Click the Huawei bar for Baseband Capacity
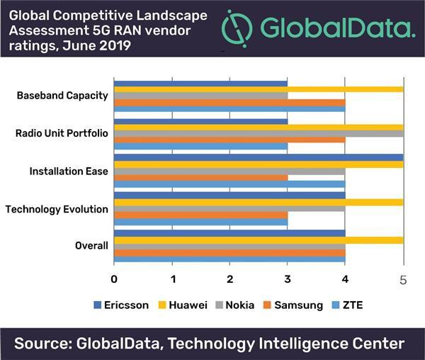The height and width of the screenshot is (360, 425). pyautogui.click(x=259, y=89)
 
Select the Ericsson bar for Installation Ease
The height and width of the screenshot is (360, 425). pyautogui.click(x=259, y=157)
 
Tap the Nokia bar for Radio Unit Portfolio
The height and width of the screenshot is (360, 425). pyautogui.click(x=259, y=133)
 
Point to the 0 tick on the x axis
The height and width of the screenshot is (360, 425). pyautogui.click(x=114, y=277)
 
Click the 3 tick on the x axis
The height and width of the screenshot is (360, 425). pyautogui.click(x=288, y=277)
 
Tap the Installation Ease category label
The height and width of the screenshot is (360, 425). pyautogui.click(x=69, y=171)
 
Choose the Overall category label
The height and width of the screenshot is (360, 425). pyautogui.click(x=91, y=246)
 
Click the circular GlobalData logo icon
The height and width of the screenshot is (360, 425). pyautogui.click(x=237, y=28)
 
